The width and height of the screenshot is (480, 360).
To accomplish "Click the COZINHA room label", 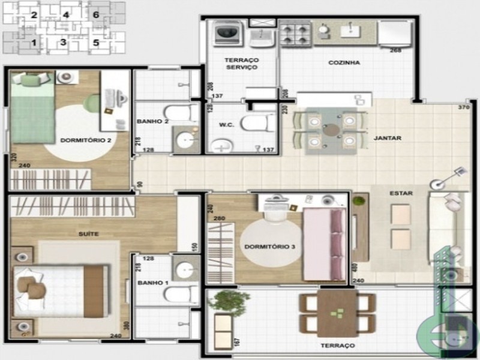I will (x=344, y=63).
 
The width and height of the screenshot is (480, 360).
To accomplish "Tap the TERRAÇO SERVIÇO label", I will (x=241, y=64).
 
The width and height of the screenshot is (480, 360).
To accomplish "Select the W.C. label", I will (x=221, y=126).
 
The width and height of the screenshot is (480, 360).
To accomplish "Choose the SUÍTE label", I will (x=88, y=233).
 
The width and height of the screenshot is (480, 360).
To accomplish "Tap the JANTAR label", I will (x=387, y=138).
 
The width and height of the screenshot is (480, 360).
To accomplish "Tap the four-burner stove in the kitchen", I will (x=295, y=34).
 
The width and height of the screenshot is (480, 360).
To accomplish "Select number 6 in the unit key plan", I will (x=96, y=14).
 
